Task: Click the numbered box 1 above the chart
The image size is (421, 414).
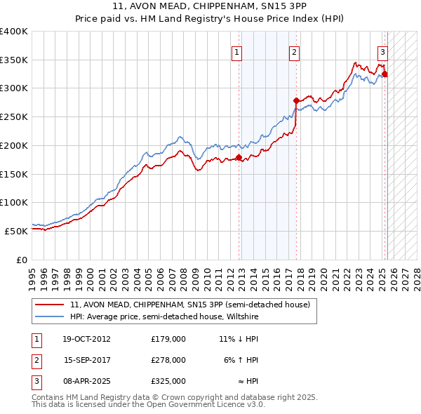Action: (237, 52)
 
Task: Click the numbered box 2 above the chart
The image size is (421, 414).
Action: (294, 52)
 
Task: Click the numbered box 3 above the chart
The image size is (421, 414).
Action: (382, 52)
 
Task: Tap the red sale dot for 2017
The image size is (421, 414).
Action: (296, 100)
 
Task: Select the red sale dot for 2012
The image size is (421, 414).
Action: (239, 157)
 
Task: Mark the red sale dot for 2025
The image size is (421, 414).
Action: (385, 74)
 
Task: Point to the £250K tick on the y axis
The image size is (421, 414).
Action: (14, 116)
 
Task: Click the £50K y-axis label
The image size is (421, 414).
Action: (16, 230)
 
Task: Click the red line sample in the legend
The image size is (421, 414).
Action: (51, 305)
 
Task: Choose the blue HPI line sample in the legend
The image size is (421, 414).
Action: (51, 316)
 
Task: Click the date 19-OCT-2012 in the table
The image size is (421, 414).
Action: (86, 339)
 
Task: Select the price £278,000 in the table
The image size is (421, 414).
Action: (168, 360)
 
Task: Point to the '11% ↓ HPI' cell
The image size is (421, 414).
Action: (239, 339)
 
